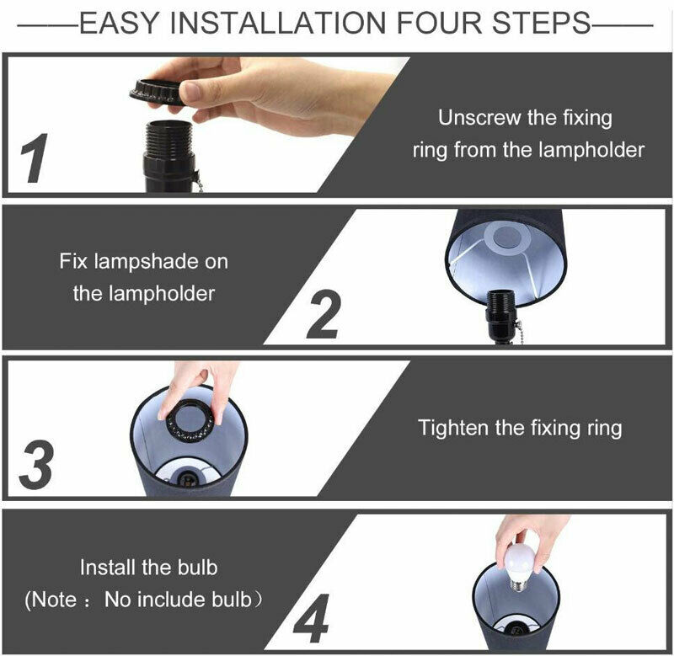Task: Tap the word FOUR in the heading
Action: pyautogui.click(x=439, y=23)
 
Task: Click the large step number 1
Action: pyautogui.click(x=34, y=158)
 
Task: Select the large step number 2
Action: pyautogui.click(x=324, y=314)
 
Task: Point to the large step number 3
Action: pyautogui.click(x=36, y=465)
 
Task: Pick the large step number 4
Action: pyautogui.click(x=312, y=619)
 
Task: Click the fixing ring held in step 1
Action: pyautogui.click(x=160, y=91)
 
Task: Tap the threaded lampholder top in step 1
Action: pyautogui.click(x=169, y=138)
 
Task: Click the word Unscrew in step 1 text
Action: pyautogui.click(x=478, y=118)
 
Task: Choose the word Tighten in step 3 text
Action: pyautogui.click(x=453, y=429)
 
